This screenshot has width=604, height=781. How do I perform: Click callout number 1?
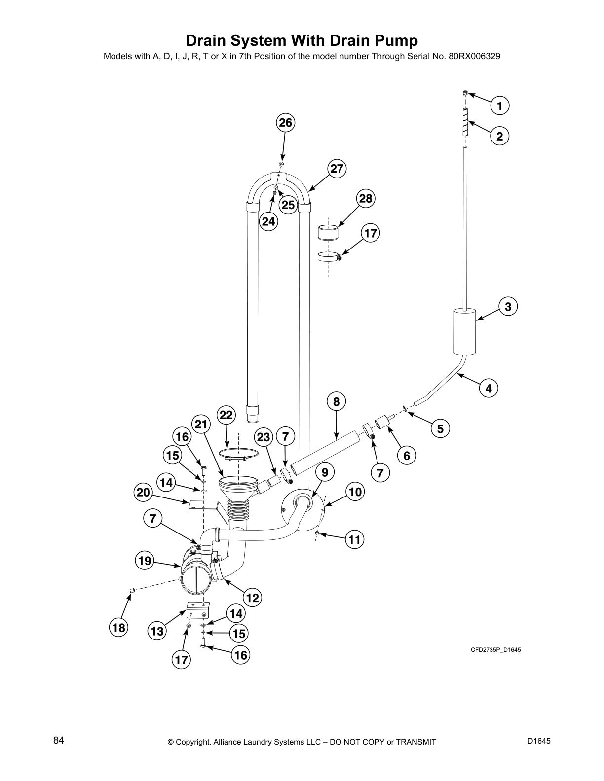coord(499,106)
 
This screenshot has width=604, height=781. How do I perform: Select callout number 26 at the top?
coord(286,122)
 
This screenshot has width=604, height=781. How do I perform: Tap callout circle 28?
coord(366,198)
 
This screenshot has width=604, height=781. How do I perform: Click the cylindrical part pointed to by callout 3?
coord(464,330)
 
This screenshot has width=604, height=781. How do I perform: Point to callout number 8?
coord(336,401)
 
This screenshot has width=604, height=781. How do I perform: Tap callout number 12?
coord(252,598)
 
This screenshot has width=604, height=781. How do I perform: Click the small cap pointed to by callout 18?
coord(132,590)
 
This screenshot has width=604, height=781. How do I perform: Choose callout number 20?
coord(143,492)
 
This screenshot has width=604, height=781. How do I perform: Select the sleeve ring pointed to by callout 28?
coord(328,232)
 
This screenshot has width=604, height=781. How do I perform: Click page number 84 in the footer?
coord(59,741)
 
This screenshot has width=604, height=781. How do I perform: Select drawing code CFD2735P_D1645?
coord(495,649)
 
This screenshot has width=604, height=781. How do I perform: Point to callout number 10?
coord(355,491)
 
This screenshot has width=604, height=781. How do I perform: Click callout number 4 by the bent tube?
coord(488,388)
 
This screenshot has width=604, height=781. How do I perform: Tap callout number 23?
coord(264,437)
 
